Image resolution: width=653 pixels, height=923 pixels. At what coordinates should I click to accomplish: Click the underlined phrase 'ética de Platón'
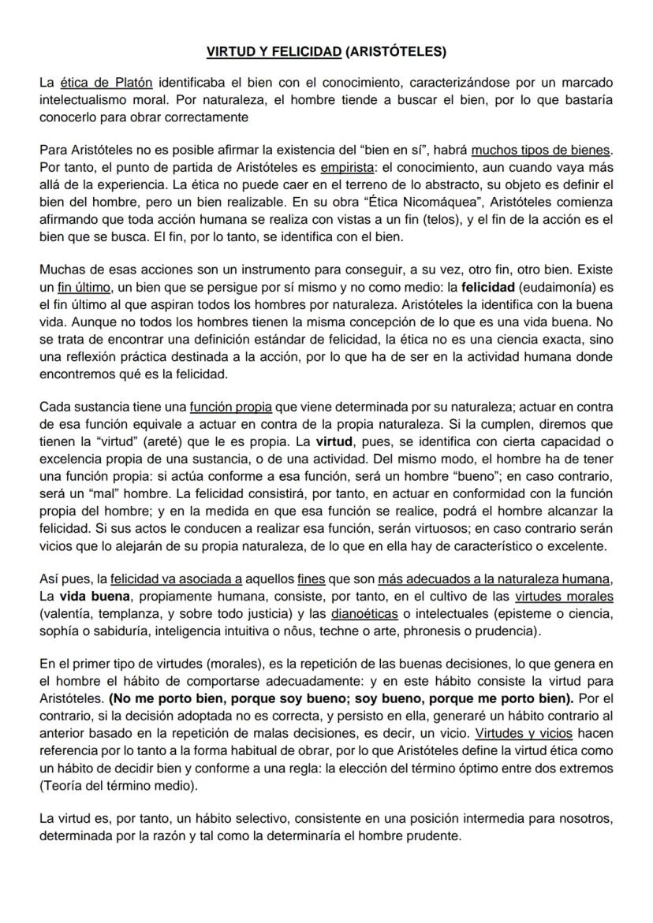[x=106, y=82]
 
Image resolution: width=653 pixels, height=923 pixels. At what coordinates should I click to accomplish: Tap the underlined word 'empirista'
[x=345, y=166]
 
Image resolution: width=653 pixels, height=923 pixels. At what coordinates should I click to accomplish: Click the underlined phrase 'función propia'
[x=230, y=408]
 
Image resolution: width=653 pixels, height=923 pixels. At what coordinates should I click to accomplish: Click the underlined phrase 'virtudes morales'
[x=564, y=597]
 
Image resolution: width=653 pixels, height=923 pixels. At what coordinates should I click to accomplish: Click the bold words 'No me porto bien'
[x=163, y=698]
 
